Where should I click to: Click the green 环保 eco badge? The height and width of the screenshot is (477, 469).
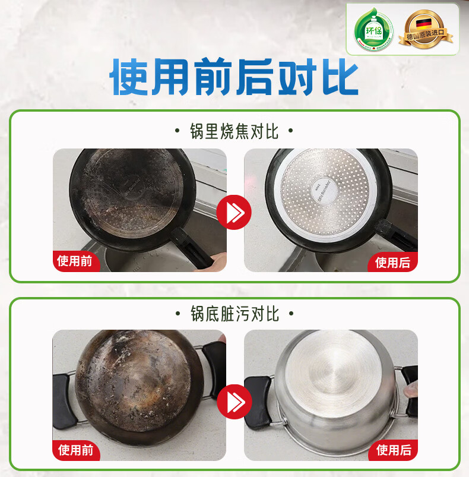[374, 29]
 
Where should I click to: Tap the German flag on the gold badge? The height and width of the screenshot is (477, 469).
[424, 24]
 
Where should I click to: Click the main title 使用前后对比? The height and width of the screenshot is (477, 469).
[234, 78]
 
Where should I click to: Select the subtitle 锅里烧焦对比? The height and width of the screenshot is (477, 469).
[235, 131]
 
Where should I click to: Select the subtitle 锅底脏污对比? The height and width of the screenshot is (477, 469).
[235, 314]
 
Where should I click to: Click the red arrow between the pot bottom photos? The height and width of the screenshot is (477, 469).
[234, 402]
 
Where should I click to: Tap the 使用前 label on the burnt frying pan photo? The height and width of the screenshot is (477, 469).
[75, 261]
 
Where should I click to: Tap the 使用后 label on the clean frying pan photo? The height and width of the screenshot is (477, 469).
[393, 262]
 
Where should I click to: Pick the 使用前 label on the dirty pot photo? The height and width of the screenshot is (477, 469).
[75, 450]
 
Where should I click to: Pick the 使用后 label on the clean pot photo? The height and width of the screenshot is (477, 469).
[393, 450]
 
